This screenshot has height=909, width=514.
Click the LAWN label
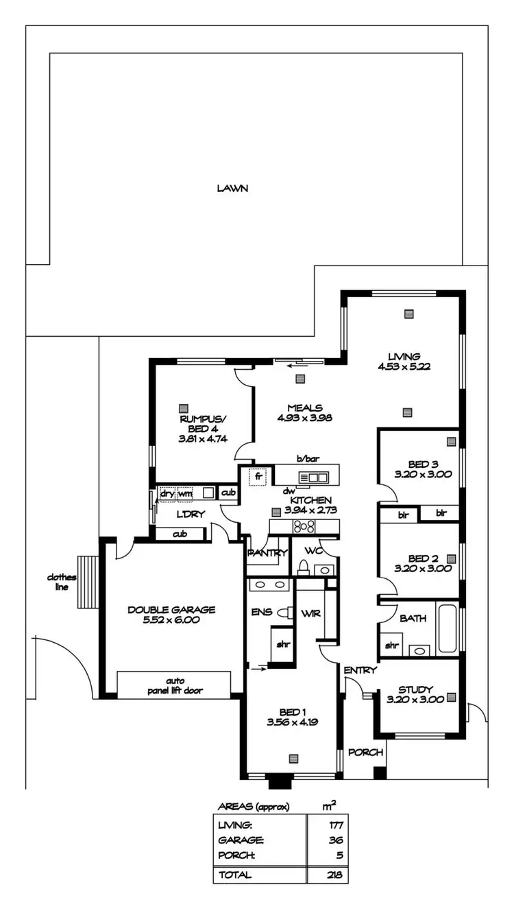pos(232,188)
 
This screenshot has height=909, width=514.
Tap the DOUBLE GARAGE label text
pos(171,609)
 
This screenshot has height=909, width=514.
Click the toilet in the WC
pos(303,567)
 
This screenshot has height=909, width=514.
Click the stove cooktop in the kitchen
pos(304,527)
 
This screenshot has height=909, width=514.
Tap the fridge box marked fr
pos(258,475)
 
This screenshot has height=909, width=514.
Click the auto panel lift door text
pos(173,685)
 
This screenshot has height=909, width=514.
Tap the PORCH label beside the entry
pos(365,752)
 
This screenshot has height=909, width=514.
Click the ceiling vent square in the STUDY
pos(451,697)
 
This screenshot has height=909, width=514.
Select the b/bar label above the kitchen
pos(305,458)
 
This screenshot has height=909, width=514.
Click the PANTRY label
pos(267,553)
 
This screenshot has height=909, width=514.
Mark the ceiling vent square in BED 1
pos(293,758)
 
